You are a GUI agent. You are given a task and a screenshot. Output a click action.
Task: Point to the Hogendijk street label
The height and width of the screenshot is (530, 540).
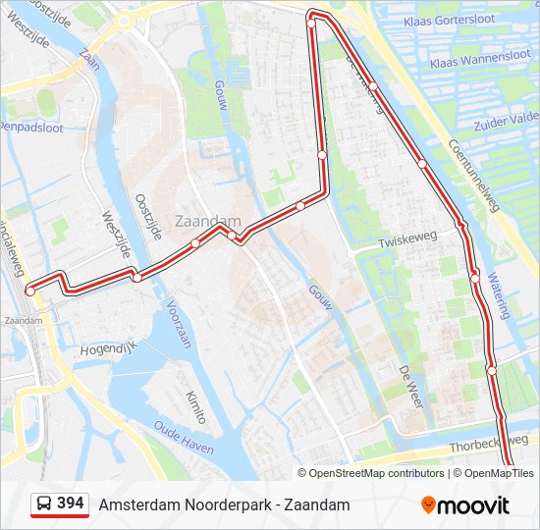107,348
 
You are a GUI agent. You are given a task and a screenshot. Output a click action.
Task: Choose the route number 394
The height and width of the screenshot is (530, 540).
70,503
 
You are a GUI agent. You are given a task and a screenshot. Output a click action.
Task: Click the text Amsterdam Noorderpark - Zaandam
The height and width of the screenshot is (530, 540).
224,504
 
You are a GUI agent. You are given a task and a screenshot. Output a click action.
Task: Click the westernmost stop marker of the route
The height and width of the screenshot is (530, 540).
30,291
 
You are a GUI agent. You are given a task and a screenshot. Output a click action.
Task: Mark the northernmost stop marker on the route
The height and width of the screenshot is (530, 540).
311,24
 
